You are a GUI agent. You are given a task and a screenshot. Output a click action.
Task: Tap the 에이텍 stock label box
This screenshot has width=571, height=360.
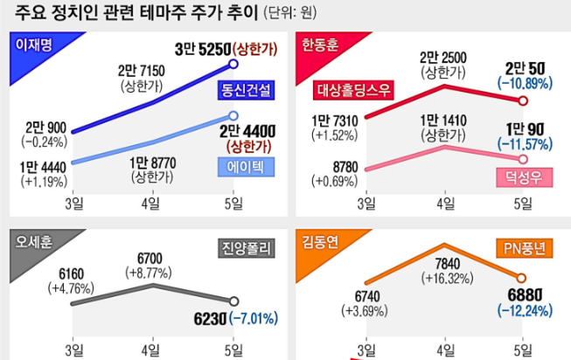[x=246, y=168]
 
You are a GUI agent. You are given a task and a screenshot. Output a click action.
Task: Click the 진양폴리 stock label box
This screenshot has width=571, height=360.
[x=246, y=250]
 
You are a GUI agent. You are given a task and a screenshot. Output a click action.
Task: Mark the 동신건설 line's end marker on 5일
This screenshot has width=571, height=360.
[x=233, y=63]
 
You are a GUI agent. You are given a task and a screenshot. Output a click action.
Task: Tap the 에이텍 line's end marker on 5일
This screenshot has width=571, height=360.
[x=233, y=114]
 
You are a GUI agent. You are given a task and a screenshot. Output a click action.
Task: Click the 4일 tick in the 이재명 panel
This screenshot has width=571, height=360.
[x=149, y=203]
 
